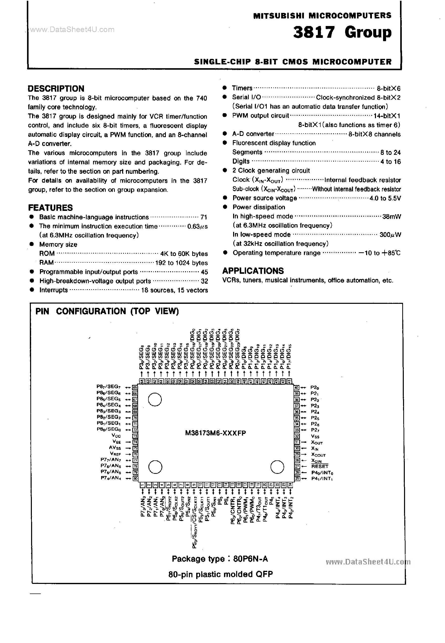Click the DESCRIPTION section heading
(56, 89)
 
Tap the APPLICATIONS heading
(253, 271)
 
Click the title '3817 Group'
(342, 33)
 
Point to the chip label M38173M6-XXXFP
(215, 433)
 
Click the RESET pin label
(320, 466)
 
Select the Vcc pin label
(116, 436)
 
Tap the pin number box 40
(296, 387)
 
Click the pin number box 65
(135, 387)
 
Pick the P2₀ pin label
(315, 387)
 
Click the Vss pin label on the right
(315, 436)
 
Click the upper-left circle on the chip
(155, 400)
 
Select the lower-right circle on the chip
(277, 467)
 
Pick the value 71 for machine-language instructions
(204, 217)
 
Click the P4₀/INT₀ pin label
(322, 473)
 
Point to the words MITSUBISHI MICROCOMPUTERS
(322, 16)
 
